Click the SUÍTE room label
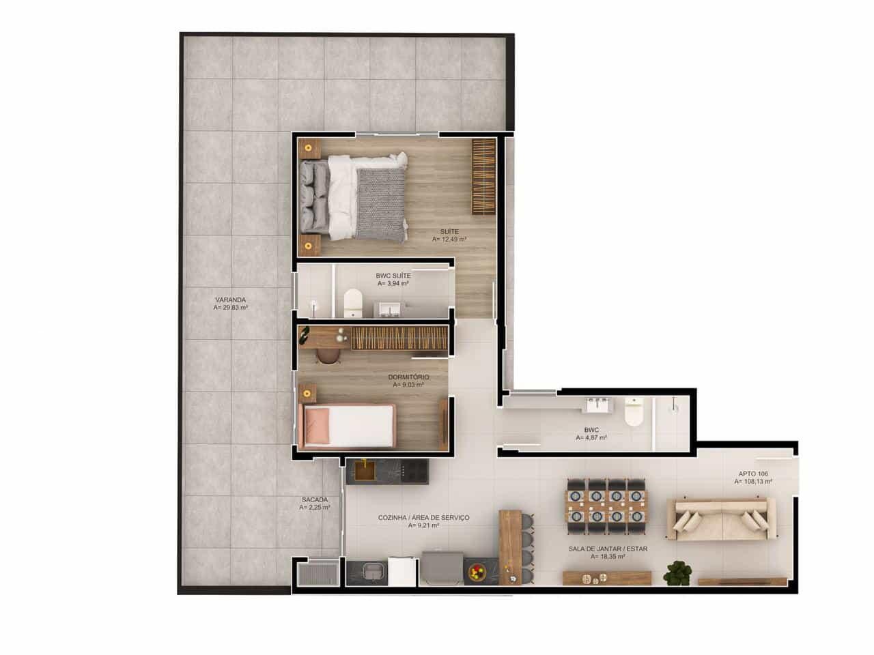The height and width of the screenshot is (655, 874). tap(449, 231)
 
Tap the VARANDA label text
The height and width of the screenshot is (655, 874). tap(230, 300)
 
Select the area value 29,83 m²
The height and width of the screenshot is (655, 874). tap(230, 308)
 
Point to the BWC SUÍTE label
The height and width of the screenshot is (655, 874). tap(393, 275)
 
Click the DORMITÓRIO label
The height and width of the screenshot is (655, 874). tap(408, 377)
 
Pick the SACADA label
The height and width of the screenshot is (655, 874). tap(315, 499)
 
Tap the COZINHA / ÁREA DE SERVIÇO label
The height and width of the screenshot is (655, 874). tap(423, 518)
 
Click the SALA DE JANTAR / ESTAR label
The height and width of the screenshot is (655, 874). tap(608, 548)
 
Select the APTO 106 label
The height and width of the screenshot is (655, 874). tap(753, 473)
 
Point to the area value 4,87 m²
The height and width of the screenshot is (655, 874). tap(591, 438)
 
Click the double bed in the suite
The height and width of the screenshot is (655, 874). tap(355, 196)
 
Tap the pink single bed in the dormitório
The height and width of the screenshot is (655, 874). tap(349, 425)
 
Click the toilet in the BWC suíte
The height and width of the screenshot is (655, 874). tap(352, 303)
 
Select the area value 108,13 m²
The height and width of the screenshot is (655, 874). tap(753, 481)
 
